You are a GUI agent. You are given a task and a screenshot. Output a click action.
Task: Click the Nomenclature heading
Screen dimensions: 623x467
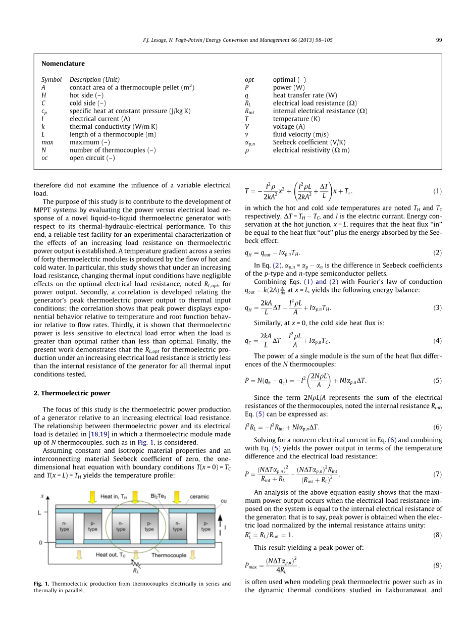[x=63, y=64]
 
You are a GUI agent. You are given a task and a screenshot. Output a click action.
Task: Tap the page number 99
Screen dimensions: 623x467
[x=439, y=40]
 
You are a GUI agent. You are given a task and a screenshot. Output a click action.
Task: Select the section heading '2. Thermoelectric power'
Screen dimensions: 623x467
[x=72, y=393]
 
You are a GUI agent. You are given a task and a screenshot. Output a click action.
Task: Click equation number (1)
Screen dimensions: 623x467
[x=437, y=191]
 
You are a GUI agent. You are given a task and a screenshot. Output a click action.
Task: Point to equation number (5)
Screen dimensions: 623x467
[x=437, y=381]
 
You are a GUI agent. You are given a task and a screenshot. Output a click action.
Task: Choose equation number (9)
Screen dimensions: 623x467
[x=437, y=565]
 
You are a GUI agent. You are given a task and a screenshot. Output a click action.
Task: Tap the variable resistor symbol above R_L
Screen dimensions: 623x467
[x=136, y=562]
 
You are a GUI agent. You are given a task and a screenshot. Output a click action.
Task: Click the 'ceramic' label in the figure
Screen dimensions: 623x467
[x=199, y=497]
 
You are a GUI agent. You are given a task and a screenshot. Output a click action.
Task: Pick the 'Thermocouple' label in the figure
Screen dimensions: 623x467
[x=169, y=555]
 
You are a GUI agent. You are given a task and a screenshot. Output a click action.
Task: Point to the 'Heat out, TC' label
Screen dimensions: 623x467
[x=111, y=555]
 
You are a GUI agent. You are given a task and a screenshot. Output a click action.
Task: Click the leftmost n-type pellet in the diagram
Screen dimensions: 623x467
[x=64, y=527]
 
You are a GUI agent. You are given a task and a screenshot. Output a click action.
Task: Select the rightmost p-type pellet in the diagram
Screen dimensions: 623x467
[x=206, y=527]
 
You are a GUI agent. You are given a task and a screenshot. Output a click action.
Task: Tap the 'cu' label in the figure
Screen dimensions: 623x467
[x=224, y=501]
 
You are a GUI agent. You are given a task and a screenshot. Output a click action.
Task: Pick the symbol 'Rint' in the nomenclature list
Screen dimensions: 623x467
[x=250, y=111]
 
